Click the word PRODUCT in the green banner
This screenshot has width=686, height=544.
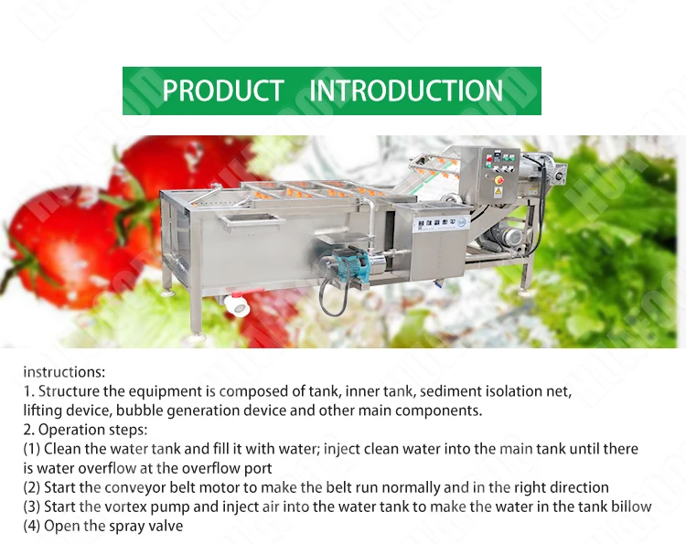click(223, 91)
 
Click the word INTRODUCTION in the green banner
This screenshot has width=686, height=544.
click(406, 91)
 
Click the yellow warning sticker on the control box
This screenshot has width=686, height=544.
click(498, 191)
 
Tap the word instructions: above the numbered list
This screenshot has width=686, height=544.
click(64, 372)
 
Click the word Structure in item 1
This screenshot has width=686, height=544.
click(70, 391)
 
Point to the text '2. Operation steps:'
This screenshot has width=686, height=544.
click(85, 430)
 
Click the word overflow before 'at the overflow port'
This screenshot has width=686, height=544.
click(107, 468)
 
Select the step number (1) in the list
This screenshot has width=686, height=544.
click(31, 449)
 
